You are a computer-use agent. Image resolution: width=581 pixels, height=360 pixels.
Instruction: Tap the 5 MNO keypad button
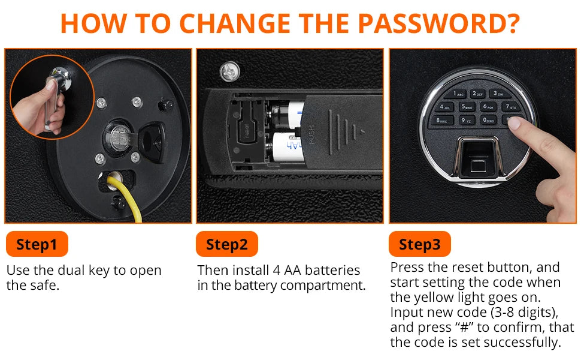[467, 107]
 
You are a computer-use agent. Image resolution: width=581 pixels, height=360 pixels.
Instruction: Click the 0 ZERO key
[488, 120]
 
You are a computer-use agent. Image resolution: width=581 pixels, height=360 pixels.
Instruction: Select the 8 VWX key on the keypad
[441, 120]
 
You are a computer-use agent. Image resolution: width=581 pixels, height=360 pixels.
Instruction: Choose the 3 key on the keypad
[498, 94]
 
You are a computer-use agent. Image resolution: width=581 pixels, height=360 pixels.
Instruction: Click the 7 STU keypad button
[511, 107]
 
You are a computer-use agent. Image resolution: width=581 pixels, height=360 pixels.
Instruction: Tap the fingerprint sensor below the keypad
[477, 157]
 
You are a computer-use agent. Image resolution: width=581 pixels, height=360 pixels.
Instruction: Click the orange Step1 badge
[37, 244]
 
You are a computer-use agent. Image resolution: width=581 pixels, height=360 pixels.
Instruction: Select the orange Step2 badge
[227, 244]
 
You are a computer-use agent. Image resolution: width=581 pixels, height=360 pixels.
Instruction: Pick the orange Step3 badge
[420, 244]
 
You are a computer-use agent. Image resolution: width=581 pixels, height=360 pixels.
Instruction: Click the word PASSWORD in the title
[439, 23]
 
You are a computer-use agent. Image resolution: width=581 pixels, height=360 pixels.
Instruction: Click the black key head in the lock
[152, 142]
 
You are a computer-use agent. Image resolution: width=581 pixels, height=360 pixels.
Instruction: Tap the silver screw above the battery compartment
[230, 71]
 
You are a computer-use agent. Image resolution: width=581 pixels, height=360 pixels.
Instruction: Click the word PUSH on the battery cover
[311, 135]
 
